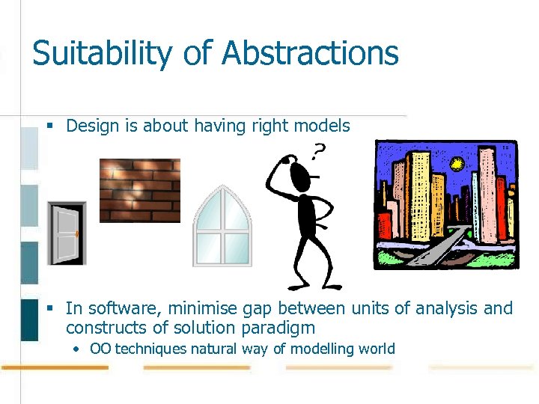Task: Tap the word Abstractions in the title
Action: click(311, 54)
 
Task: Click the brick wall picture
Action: click(140, 190)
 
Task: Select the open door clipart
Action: click(67, 233)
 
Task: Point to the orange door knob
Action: click(77, 233)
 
